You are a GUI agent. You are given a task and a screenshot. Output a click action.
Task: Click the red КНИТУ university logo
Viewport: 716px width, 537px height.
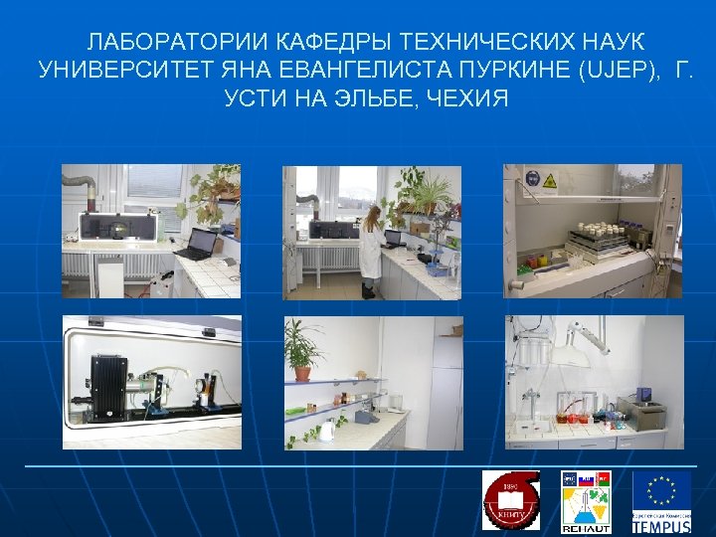coord(509,500)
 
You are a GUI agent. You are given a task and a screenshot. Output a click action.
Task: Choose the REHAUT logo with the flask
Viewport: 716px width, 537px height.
coord(585,500)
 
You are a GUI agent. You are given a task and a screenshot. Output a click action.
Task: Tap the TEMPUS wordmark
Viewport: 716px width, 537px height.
coord(661,525)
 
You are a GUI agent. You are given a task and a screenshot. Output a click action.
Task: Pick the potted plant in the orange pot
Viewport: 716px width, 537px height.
coord(301,350)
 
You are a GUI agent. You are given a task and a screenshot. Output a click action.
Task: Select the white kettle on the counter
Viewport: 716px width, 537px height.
coord(327,432)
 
